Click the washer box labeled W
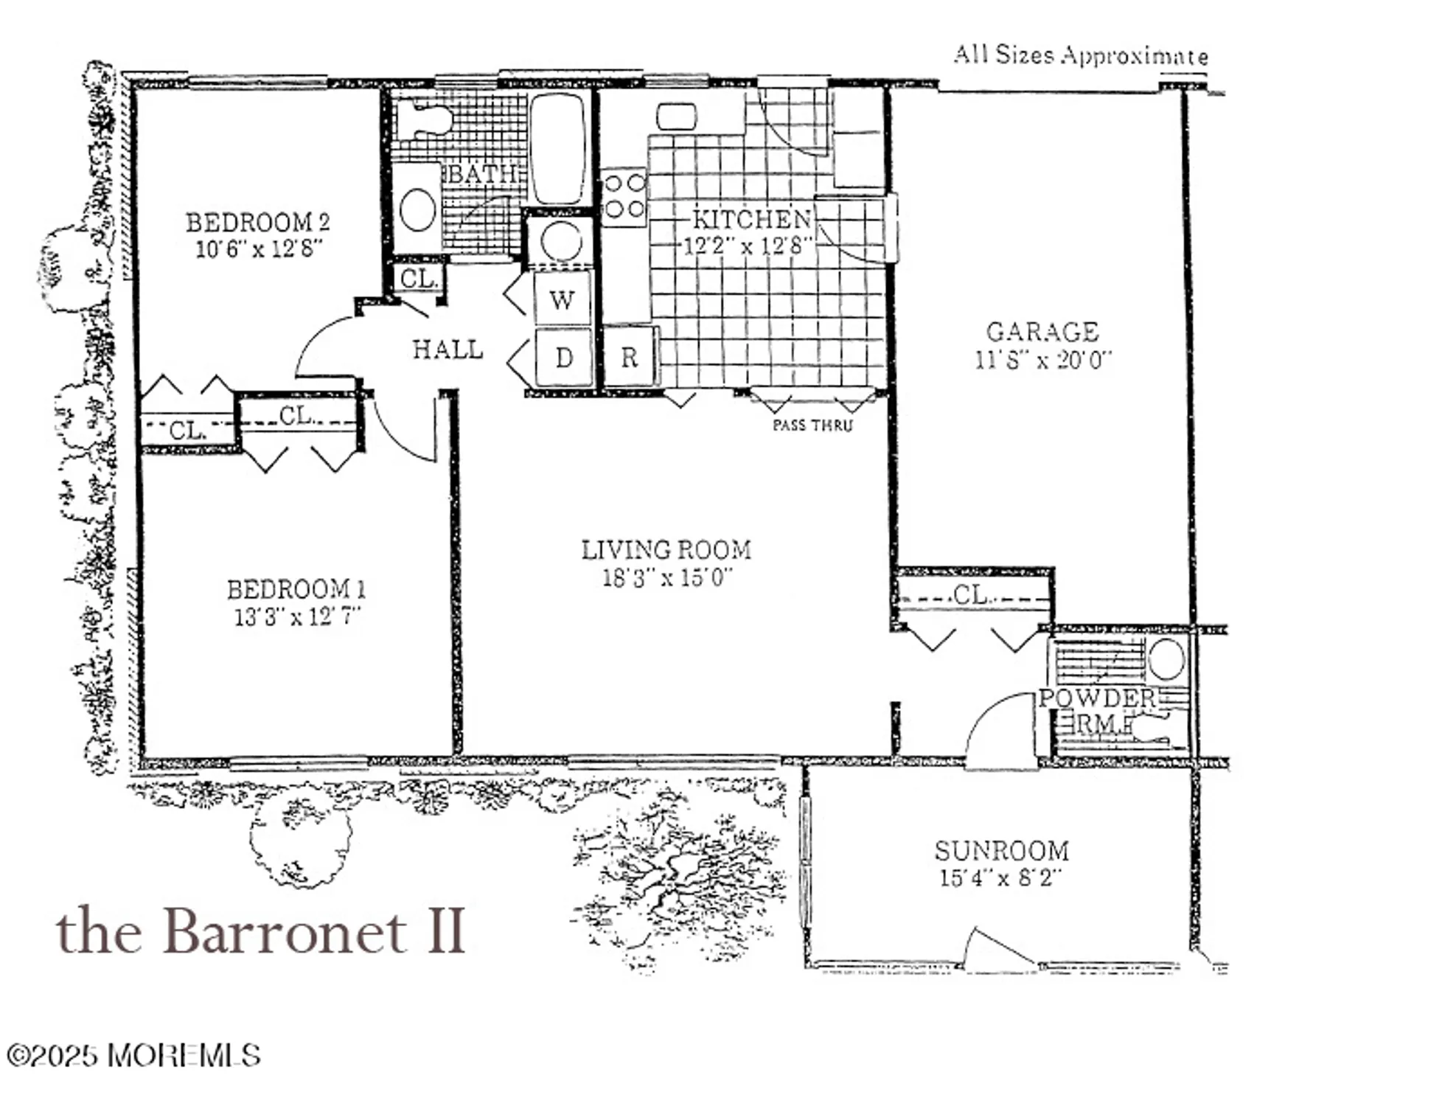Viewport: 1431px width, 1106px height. point(563,299)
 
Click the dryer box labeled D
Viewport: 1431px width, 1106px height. point(563,358)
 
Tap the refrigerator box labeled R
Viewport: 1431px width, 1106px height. point(629,358)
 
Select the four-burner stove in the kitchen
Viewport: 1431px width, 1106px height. point(624,196)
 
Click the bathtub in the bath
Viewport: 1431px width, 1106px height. point(558,147)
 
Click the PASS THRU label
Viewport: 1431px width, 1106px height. point(812,425)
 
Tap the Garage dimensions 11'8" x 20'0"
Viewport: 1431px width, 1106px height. point(1042,361)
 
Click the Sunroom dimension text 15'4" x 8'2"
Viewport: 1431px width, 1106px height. point(1000,879)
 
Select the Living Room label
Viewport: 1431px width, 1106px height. point(666,550)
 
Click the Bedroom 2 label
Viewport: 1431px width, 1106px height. point(257,222)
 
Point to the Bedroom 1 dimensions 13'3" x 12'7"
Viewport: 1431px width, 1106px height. point(296,616)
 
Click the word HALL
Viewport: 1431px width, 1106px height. point(448,349)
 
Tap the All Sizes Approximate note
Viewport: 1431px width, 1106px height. point(1080,55)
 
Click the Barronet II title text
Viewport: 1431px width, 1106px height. point(260,931)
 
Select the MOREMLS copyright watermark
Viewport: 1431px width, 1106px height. point(133,1055)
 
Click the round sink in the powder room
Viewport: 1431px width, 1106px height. point(1166,658)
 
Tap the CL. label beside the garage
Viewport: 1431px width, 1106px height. point(971,594)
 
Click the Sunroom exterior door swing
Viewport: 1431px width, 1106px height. point(999,950)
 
